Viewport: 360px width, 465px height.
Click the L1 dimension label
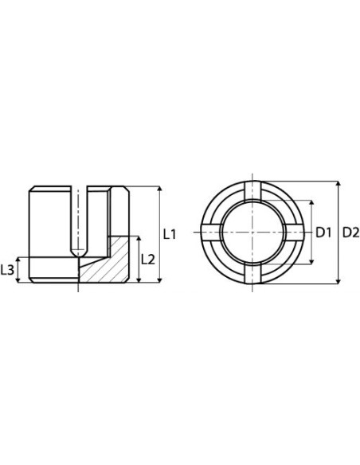click(x=170, y=234)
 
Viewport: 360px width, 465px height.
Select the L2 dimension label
click(x=148, y=260)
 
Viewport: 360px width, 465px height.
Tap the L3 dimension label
click(x=7, y=270)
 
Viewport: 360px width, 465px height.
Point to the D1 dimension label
click(x=323, y=232)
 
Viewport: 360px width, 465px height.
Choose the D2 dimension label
click(x=351, y=232)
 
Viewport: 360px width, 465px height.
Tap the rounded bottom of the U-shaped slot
click(x=78, y=252)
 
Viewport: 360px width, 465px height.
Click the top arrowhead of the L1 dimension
click(x=160, y=189)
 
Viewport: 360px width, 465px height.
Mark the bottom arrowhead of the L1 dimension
click(x=160, y=279)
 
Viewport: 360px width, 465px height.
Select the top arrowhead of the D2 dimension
click(x=338, y=184)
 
